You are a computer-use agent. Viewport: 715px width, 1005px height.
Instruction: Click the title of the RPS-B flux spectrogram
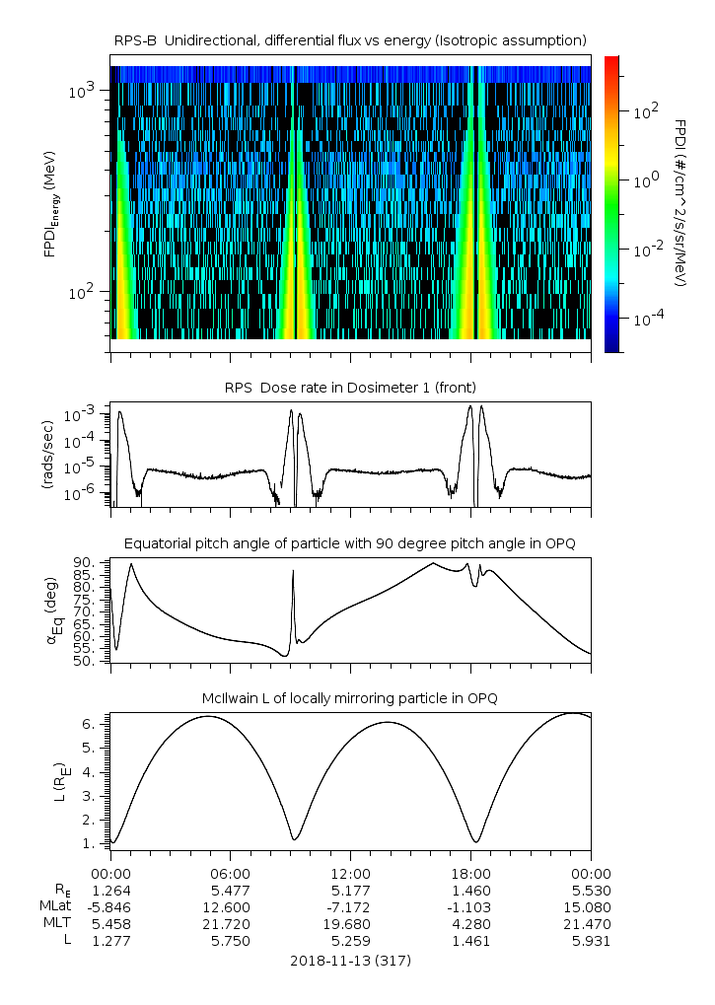pyautogui.click(x=350, y=39)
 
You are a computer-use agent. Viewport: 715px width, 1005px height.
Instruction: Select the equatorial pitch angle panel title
pyautogui.click(x=350, y=543)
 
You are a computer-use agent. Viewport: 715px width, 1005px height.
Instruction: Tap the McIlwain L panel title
pyautogui.click(x=350, y=698)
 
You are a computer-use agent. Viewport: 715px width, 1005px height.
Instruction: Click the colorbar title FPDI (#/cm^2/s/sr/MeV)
pyautogui.click(x=680, y=202)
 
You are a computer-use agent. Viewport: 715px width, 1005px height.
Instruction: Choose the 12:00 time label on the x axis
pyautogui.click(x=350, y=873)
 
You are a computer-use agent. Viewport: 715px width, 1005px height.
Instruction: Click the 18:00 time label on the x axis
pyautogui.click(x=470, y=873)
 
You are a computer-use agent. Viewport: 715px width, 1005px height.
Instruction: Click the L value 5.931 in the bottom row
pyautogui.click(x=591, y=941)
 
